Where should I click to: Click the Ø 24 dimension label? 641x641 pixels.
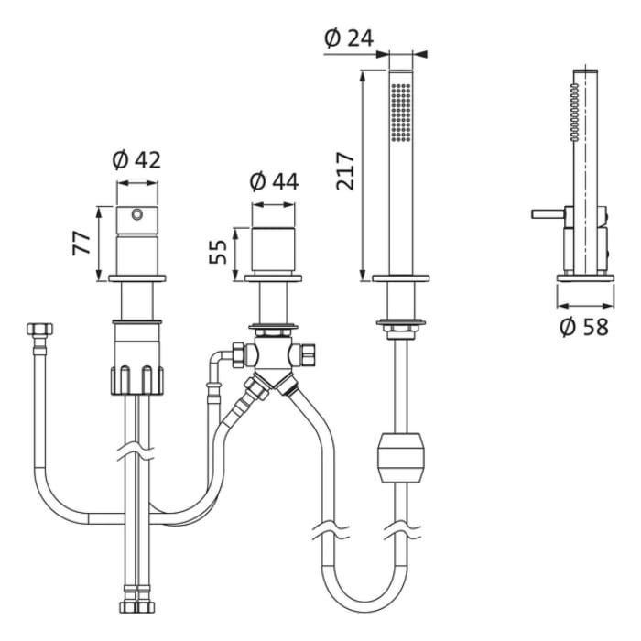(x=349, y=38)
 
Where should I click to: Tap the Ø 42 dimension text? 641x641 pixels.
(x=136, y=160)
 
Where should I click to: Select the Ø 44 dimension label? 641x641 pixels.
(x=274, y=181)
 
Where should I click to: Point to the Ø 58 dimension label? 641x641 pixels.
(x=584, y=327)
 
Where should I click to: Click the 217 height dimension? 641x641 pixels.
(x=345, y=171)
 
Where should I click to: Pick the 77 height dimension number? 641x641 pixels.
(x=81, y=244)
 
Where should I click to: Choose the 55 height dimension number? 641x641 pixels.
(x=218, y=252)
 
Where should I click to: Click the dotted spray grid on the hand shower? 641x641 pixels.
(x=401, y=113)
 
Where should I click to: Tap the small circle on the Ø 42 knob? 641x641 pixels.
(x=137, y=213)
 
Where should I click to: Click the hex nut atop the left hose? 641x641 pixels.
(x=40, y=329)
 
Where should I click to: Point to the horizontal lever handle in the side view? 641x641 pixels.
(x=549, y=214)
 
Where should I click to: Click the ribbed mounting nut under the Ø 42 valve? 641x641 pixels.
(x=137, y=381)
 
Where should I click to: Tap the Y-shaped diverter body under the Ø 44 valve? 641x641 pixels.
(x=274, y=359)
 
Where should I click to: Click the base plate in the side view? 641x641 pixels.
(x=585, y=278)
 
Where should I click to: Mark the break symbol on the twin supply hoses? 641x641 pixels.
(x=136, y=452)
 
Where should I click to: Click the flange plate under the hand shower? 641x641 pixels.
(x=401, y=278)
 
